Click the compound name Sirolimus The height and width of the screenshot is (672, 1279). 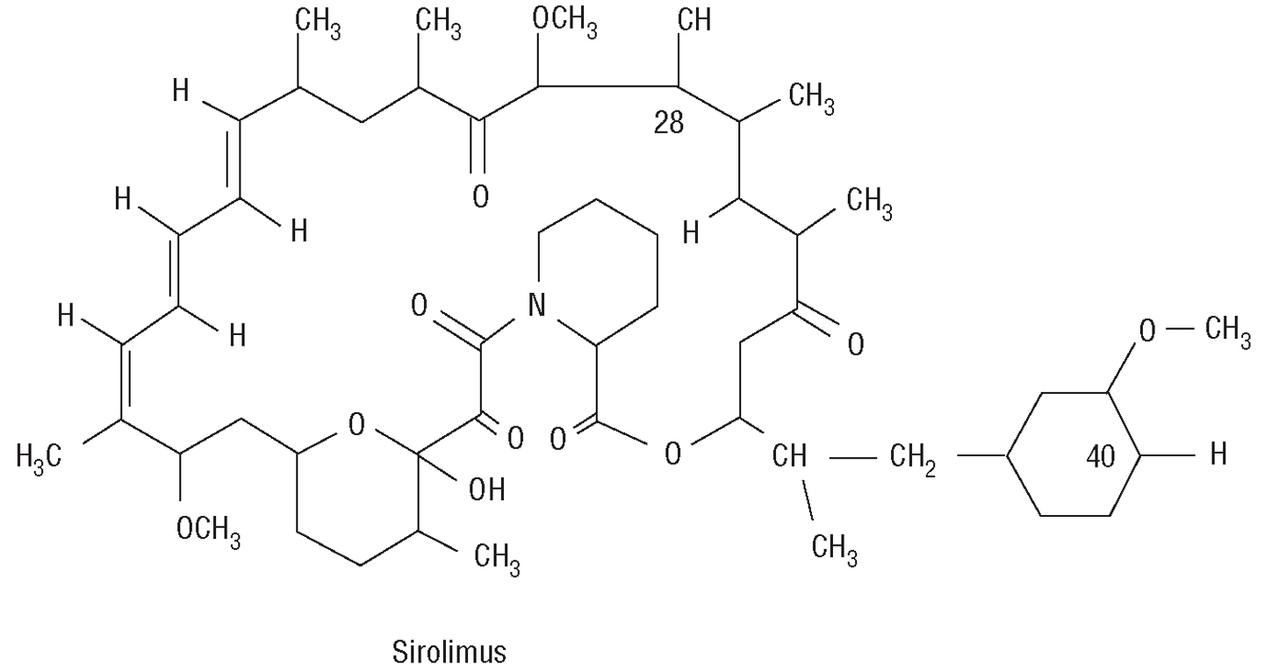449,653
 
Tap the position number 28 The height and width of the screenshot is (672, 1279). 669,124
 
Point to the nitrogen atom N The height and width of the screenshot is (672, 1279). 535,305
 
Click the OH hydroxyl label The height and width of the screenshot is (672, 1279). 485,490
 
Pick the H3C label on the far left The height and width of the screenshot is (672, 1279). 40,455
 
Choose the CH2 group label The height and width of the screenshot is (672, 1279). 913,457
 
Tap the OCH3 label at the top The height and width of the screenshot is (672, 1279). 565,22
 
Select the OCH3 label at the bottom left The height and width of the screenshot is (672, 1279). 208,531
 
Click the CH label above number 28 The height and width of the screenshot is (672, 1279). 694,21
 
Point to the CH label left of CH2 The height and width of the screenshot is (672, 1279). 791,457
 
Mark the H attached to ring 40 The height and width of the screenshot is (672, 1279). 1218,455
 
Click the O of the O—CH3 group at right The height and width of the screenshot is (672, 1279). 1148,332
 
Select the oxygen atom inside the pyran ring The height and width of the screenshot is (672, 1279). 356,426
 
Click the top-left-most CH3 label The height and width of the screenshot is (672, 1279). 317,22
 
